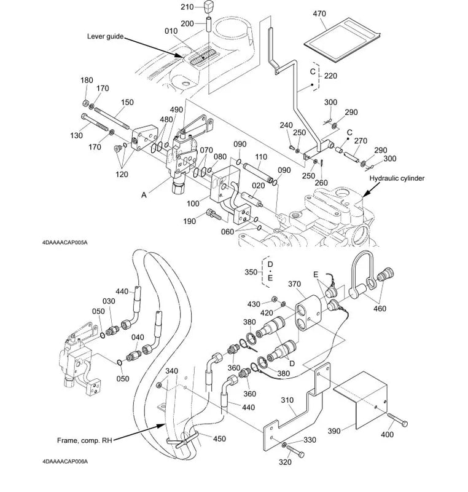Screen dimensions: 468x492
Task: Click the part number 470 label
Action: point(319,14)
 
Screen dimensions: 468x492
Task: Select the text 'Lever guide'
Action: point(105,36)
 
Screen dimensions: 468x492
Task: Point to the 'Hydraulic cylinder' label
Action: point(397,178)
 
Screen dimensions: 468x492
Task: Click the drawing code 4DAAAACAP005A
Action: point(65,242)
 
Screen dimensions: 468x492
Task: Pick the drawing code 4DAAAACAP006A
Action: point(65,461)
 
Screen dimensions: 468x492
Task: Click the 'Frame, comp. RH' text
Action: point(84,440)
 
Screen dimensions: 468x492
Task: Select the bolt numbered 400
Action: point(397,419)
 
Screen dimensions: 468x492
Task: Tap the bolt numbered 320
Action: point(295,451)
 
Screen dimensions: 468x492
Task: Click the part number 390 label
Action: point(334,431)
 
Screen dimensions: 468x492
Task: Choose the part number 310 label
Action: point(287,400)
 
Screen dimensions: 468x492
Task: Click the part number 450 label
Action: point(219,438)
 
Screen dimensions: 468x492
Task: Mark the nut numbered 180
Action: point(85,103)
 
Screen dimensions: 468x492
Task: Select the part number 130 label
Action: point(76,135)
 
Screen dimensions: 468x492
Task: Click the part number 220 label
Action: point(330,76)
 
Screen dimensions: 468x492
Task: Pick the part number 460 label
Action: point(380,309)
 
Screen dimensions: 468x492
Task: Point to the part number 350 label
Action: point(251,272)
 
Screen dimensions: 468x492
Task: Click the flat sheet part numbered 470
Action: point(341,40)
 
